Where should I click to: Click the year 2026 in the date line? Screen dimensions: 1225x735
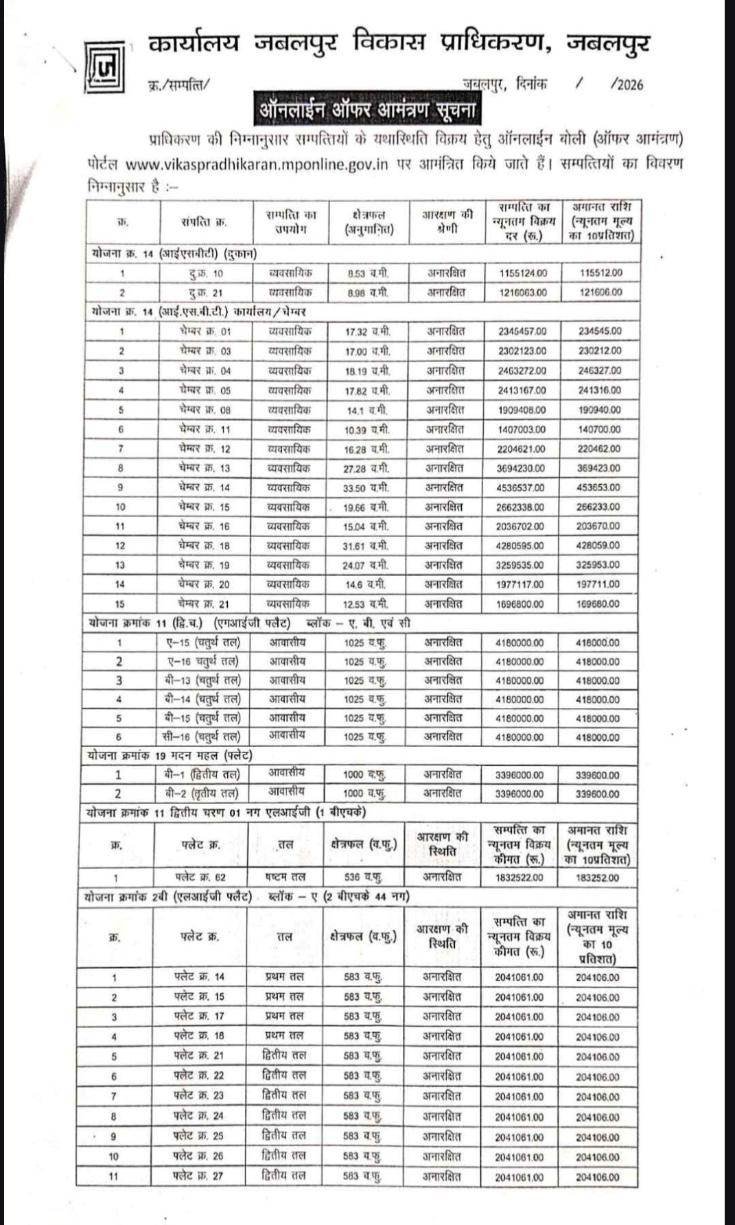(x=627, y=85)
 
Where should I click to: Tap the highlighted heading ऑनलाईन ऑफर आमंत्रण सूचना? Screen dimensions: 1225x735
(x=366, y=109)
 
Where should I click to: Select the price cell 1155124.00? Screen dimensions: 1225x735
(x=523, y=273)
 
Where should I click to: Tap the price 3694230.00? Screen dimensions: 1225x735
(x=521, y=468)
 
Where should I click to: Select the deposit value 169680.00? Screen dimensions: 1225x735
(x=598, y=604)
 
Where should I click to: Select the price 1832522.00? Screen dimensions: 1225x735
(x=519, y=878)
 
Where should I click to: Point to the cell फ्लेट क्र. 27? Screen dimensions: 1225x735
(x=198, y=1176)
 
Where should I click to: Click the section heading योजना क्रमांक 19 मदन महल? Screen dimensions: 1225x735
(x=170, y=756)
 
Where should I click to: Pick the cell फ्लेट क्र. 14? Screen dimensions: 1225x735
(x=199, y=977)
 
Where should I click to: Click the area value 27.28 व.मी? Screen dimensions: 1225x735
(x=366, y=468)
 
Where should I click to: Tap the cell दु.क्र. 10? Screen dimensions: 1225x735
(x=206, y=273)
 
